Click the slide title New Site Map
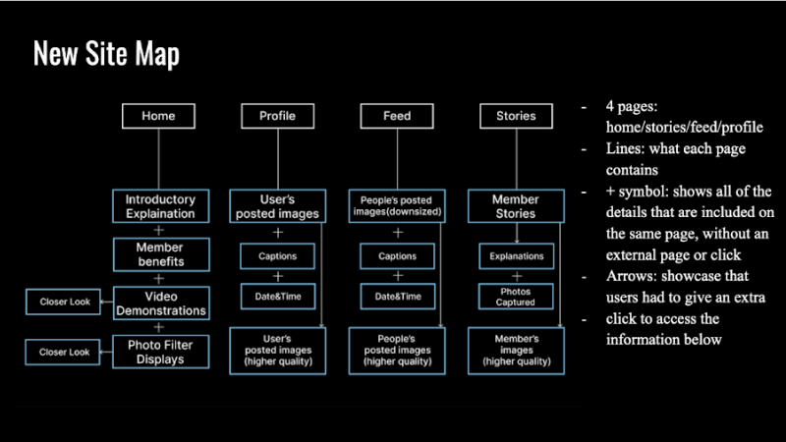[106, 55]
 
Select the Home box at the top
[158, 116]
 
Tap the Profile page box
[277, 116]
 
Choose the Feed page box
[397, 116]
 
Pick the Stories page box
[516, 116]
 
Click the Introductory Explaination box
[160, 206]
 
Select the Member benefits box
[160, 255]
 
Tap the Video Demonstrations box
[160, 303]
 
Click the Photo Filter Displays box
[160, 351]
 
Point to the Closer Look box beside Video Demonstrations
[65, 302]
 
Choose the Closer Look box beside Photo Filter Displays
[65, 351]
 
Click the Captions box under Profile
[277, 256]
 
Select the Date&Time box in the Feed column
[397, 296]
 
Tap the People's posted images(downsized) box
[397, 206]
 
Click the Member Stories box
[516, 206]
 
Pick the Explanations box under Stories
[516, 256]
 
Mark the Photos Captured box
[516, 296]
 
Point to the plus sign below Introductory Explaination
[159, 231]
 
